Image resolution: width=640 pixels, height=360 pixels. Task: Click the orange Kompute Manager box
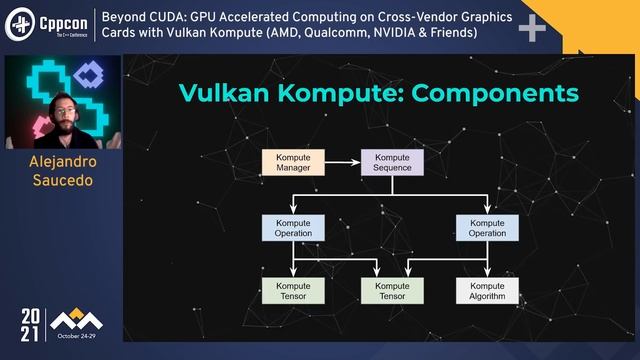pos(294,162)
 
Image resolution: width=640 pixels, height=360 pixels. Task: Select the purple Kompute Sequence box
pos(392,162)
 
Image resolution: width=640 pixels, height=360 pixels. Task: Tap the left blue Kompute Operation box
pos(294,227)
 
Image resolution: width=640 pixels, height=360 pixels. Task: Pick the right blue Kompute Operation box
pos(487,227)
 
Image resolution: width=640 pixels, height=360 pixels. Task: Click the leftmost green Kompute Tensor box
pos(294,291)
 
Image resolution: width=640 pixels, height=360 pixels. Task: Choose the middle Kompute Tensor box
pos(392,291)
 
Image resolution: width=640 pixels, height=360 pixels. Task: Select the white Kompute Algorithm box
pos(487,291)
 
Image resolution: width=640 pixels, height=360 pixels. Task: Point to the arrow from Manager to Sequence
pos(343,162)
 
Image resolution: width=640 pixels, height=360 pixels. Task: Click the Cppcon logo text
pos(61,23)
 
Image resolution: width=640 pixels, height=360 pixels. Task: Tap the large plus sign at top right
pos(532,29)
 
